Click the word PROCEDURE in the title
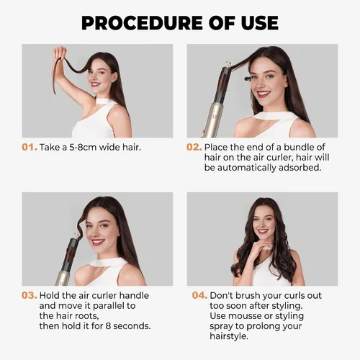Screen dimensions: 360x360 coord(143,23)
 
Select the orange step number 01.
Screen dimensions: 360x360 coord(30,147)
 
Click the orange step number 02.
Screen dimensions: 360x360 coord(194,147)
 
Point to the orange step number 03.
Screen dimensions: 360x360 coord(30,295)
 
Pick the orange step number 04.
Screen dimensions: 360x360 coord(199,295)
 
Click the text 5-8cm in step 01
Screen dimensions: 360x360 coord(83,147)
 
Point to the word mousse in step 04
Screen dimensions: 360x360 coord(245,316)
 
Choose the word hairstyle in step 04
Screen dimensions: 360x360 coord(229,336)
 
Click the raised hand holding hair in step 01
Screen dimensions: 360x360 coord(60,53)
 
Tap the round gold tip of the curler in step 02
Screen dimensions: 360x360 coord(228,64)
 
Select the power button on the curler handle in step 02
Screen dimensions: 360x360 coord(215,117)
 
